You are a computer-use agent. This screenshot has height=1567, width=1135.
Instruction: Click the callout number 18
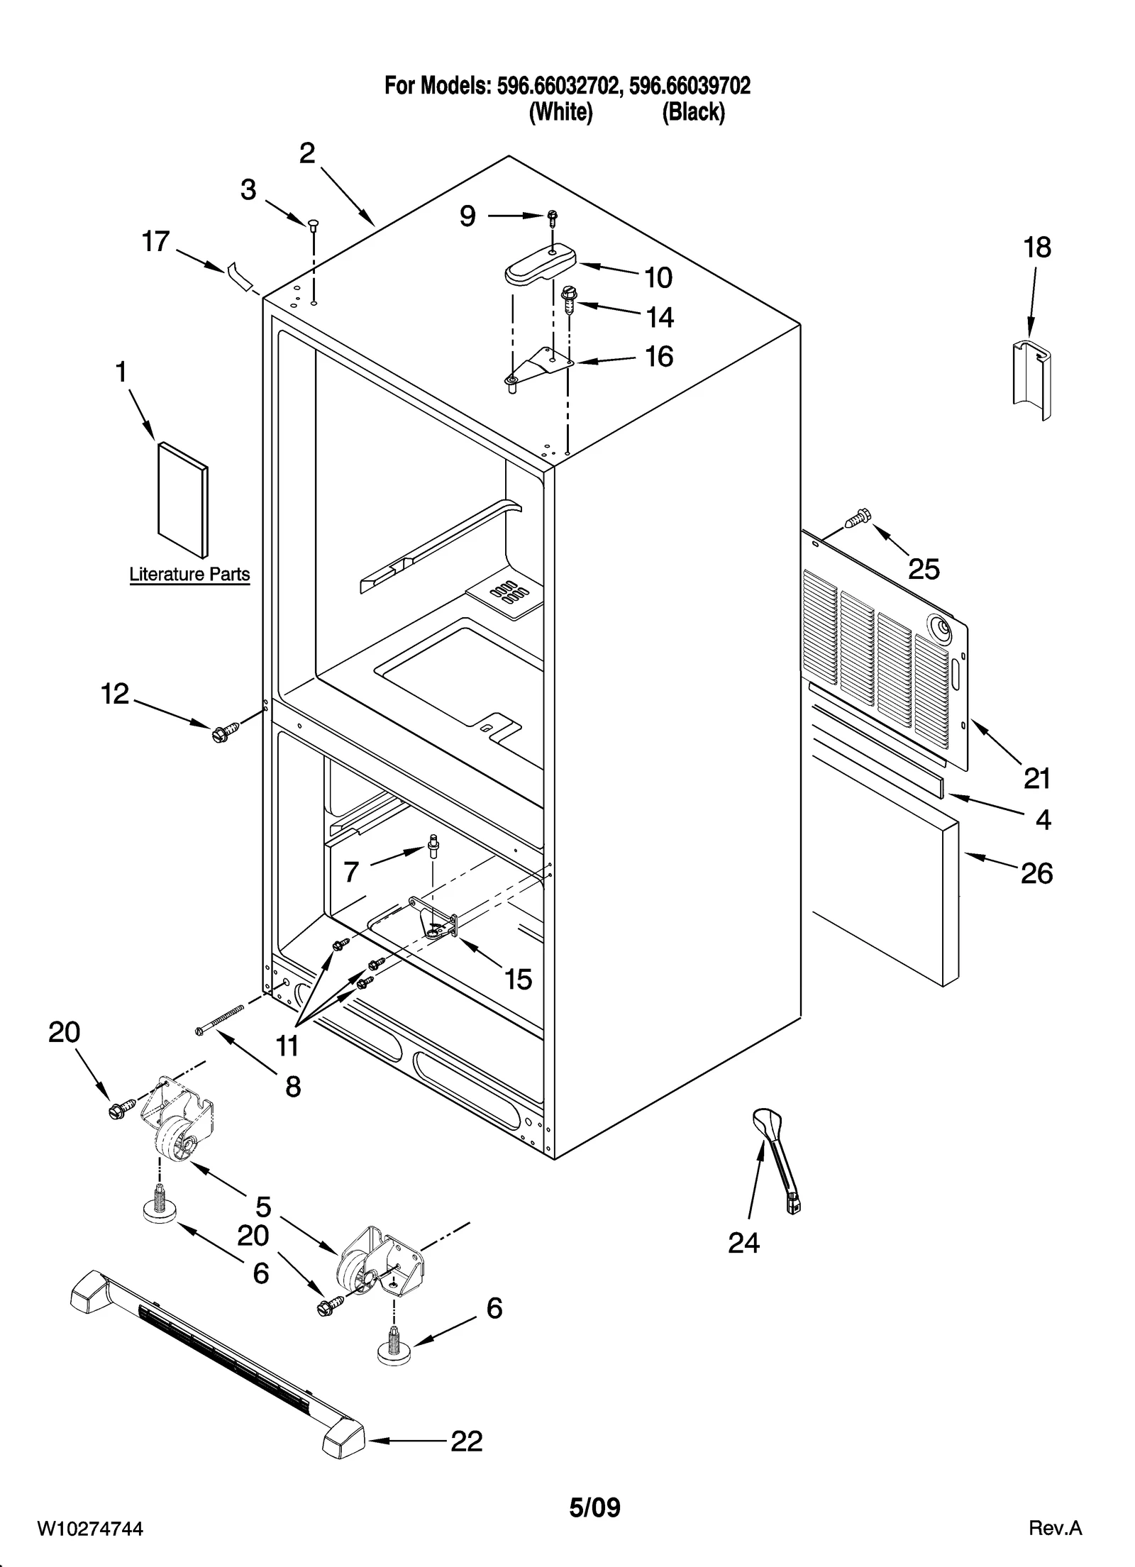coord(1036,248)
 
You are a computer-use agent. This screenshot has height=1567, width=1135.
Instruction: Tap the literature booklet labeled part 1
coord(182,499)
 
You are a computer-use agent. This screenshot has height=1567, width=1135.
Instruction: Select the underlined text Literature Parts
coord(189,574)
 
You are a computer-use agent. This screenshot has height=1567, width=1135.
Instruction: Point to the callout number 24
coord(743,1243)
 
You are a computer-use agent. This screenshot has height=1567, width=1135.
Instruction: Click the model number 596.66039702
coord(690,87)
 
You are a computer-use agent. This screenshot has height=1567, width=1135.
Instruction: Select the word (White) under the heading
coord(560,112)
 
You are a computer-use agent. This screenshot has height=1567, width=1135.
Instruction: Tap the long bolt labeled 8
coord(220,1020)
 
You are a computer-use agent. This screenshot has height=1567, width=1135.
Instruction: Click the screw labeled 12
coord(221,733)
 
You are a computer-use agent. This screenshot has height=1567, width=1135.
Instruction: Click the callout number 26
coord(1036,874)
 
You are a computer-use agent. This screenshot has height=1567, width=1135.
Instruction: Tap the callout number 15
coord(518,980)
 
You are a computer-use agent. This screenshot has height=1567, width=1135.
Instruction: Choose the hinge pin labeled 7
coord(432,846)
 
